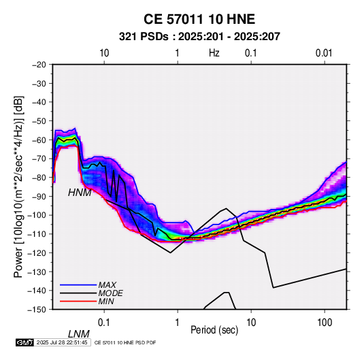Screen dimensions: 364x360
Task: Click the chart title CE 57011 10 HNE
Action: click(x=199, y=19)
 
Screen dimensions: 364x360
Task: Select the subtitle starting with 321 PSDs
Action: click(x=199, y=37)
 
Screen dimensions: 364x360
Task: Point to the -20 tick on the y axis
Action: click(x=39, y=65)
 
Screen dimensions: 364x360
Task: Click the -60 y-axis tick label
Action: click(x=39, y=140)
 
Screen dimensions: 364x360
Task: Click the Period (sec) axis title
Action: click(x=214, y=330)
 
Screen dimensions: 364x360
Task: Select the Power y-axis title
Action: click(x=18, y=186)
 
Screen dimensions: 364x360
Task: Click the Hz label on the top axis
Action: click(x=214, y=53)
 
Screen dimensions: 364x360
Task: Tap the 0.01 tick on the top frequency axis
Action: click(x=324, y=53)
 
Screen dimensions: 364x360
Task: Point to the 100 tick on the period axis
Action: click(x=325, y=323)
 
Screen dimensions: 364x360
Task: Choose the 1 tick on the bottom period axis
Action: click(x=178, y=323)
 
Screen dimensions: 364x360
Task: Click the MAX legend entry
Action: click(x=107, y=284)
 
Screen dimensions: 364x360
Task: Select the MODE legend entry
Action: click(x=110, y=293)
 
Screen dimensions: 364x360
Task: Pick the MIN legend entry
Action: click(x=106, y=301)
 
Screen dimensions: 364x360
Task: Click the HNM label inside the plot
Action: click(x=80, y=193)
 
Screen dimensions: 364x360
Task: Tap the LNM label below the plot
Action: click(x=79, y=334)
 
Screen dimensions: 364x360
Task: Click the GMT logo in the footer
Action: click(x=25, y=342)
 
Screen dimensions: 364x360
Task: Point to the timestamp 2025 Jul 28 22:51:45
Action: click(x=62, y=342)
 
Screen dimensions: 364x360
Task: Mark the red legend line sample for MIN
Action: click(x=78, y=301)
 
